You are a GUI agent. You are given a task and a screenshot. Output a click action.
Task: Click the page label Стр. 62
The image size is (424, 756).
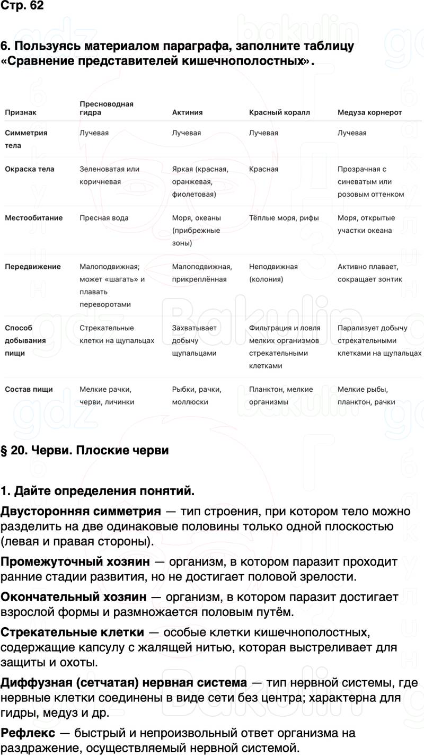click(22, 6)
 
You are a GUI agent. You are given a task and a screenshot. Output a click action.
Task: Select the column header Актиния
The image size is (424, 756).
click(187, 112)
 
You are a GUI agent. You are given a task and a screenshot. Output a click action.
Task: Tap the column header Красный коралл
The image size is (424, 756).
click(279, 112)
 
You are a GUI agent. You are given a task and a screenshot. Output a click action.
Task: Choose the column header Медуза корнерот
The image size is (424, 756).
click(369, 112)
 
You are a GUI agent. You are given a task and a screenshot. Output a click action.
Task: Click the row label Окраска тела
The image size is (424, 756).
click(30, 169)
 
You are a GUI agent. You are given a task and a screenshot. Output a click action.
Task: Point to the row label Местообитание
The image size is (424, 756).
click(34, 218)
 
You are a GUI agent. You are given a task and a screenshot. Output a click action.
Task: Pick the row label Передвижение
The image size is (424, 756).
click(33, 267)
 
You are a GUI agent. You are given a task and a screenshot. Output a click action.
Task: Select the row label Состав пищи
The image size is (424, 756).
click(29, 389)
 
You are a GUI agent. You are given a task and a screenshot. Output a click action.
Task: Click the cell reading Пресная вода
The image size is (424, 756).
click(104, 218)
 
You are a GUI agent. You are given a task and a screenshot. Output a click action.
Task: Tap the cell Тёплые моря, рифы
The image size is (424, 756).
click(285, 218)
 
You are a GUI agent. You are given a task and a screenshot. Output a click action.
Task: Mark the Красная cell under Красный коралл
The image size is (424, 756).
click(263, 169)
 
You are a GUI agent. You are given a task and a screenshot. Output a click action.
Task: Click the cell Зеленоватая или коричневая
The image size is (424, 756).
click(109, 175)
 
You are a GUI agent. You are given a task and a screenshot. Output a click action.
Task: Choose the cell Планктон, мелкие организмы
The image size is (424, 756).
click(281, 395)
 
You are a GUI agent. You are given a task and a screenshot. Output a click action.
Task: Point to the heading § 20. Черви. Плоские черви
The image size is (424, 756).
click(84, 451)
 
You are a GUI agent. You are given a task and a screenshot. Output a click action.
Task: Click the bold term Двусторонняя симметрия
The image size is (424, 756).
click(81, 512)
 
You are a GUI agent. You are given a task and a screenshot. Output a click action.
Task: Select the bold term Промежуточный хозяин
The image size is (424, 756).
click(75, 561)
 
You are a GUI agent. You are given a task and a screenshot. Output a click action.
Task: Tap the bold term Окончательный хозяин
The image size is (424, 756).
click(74, 597)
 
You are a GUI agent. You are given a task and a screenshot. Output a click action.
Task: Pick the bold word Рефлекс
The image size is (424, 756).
click(28, 733)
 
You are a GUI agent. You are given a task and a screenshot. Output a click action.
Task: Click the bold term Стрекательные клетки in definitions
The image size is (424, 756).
click(72, 632)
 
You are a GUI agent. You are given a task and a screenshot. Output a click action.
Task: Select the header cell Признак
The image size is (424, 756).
click(21, 112)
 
